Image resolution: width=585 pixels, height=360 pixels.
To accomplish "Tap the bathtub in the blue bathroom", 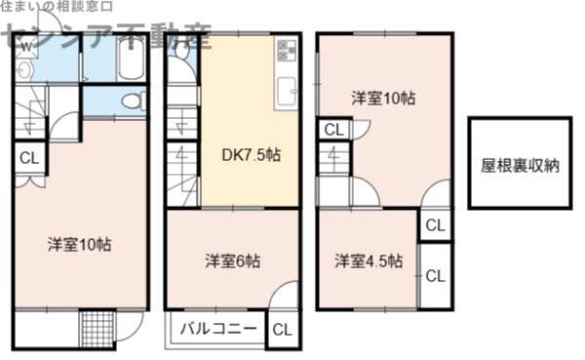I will point(129,60).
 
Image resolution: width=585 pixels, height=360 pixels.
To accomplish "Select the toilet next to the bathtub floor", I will point(131,100).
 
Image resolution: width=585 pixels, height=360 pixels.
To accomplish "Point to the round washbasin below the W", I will point(23,70).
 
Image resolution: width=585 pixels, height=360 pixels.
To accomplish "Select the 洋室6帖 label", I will point(232,260).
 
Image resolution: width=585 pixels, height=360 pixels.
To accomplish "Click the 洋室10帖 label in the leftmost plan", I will point(80,244).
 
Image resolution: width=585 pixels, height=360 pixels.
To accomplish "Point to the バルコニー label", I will point(219,329).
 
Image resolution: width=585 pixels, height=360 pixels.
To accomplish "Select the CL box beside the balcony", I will point(281,329).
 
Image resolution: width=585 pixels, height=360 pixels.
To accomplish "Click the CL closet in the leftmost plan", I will point(28,158).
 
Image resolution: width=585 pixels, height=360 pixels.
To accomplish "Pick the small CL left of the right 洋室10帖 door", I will point(332,129).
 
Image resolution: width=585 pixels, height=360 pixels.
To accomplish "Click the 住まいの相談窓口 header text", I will point(55,9).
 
